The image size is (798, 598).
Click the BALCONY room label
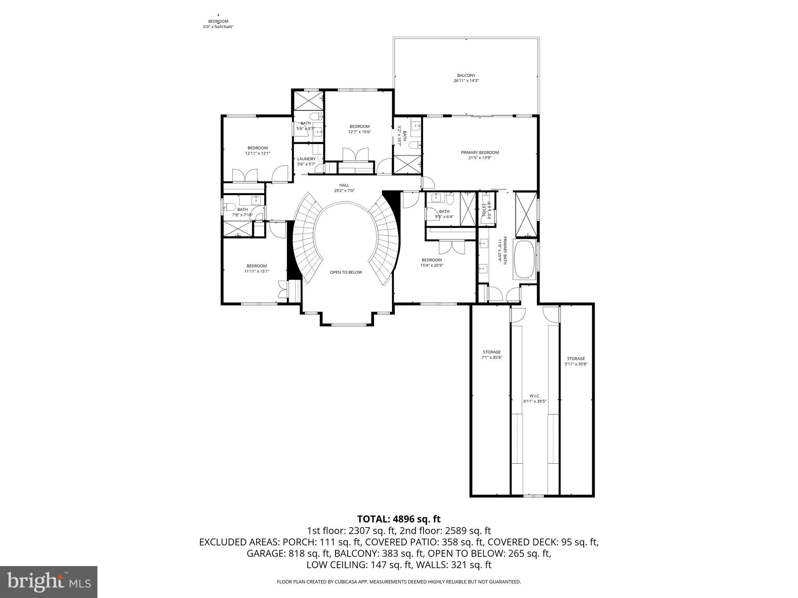point(466,78)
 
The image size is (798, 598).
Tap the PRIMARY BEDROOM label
point(480,155)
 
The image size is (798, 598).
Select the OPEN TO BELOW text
point(346,272)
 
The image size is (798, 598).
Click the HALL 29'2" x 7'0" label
point(344,188)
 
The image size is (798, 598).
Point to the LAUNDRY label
point(306,161)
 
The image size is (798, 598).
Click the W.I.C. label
point(535,398)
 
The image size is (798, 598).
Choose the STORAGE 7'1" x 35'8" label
point(491,354)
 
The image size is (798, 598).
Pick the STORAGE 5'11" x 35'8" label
point(576,361)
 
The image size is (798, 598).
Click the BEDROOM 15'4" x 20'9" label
point(432,262)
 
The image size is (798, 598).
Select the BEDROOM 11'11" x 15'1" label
point(256,269)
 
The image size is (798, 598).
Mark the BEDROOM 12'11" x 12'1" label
point(258,150)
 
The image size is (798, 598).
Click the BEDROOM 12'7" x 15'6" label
point(359,129)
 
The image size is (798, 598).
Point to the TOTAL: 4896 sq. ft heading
point(399,519)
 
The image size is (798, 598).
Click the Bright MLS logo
point(49,582)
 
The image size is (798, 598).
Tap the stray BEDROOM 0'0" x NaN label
point(218,24)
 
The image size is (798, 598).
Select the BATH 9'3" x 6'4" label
point(444,214)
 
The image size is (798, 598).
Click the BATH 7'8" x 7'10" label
point(242,212)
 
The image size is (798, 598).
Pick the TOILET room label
point(487,211)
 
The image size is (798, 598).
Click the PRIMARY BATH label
point(502,250)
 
